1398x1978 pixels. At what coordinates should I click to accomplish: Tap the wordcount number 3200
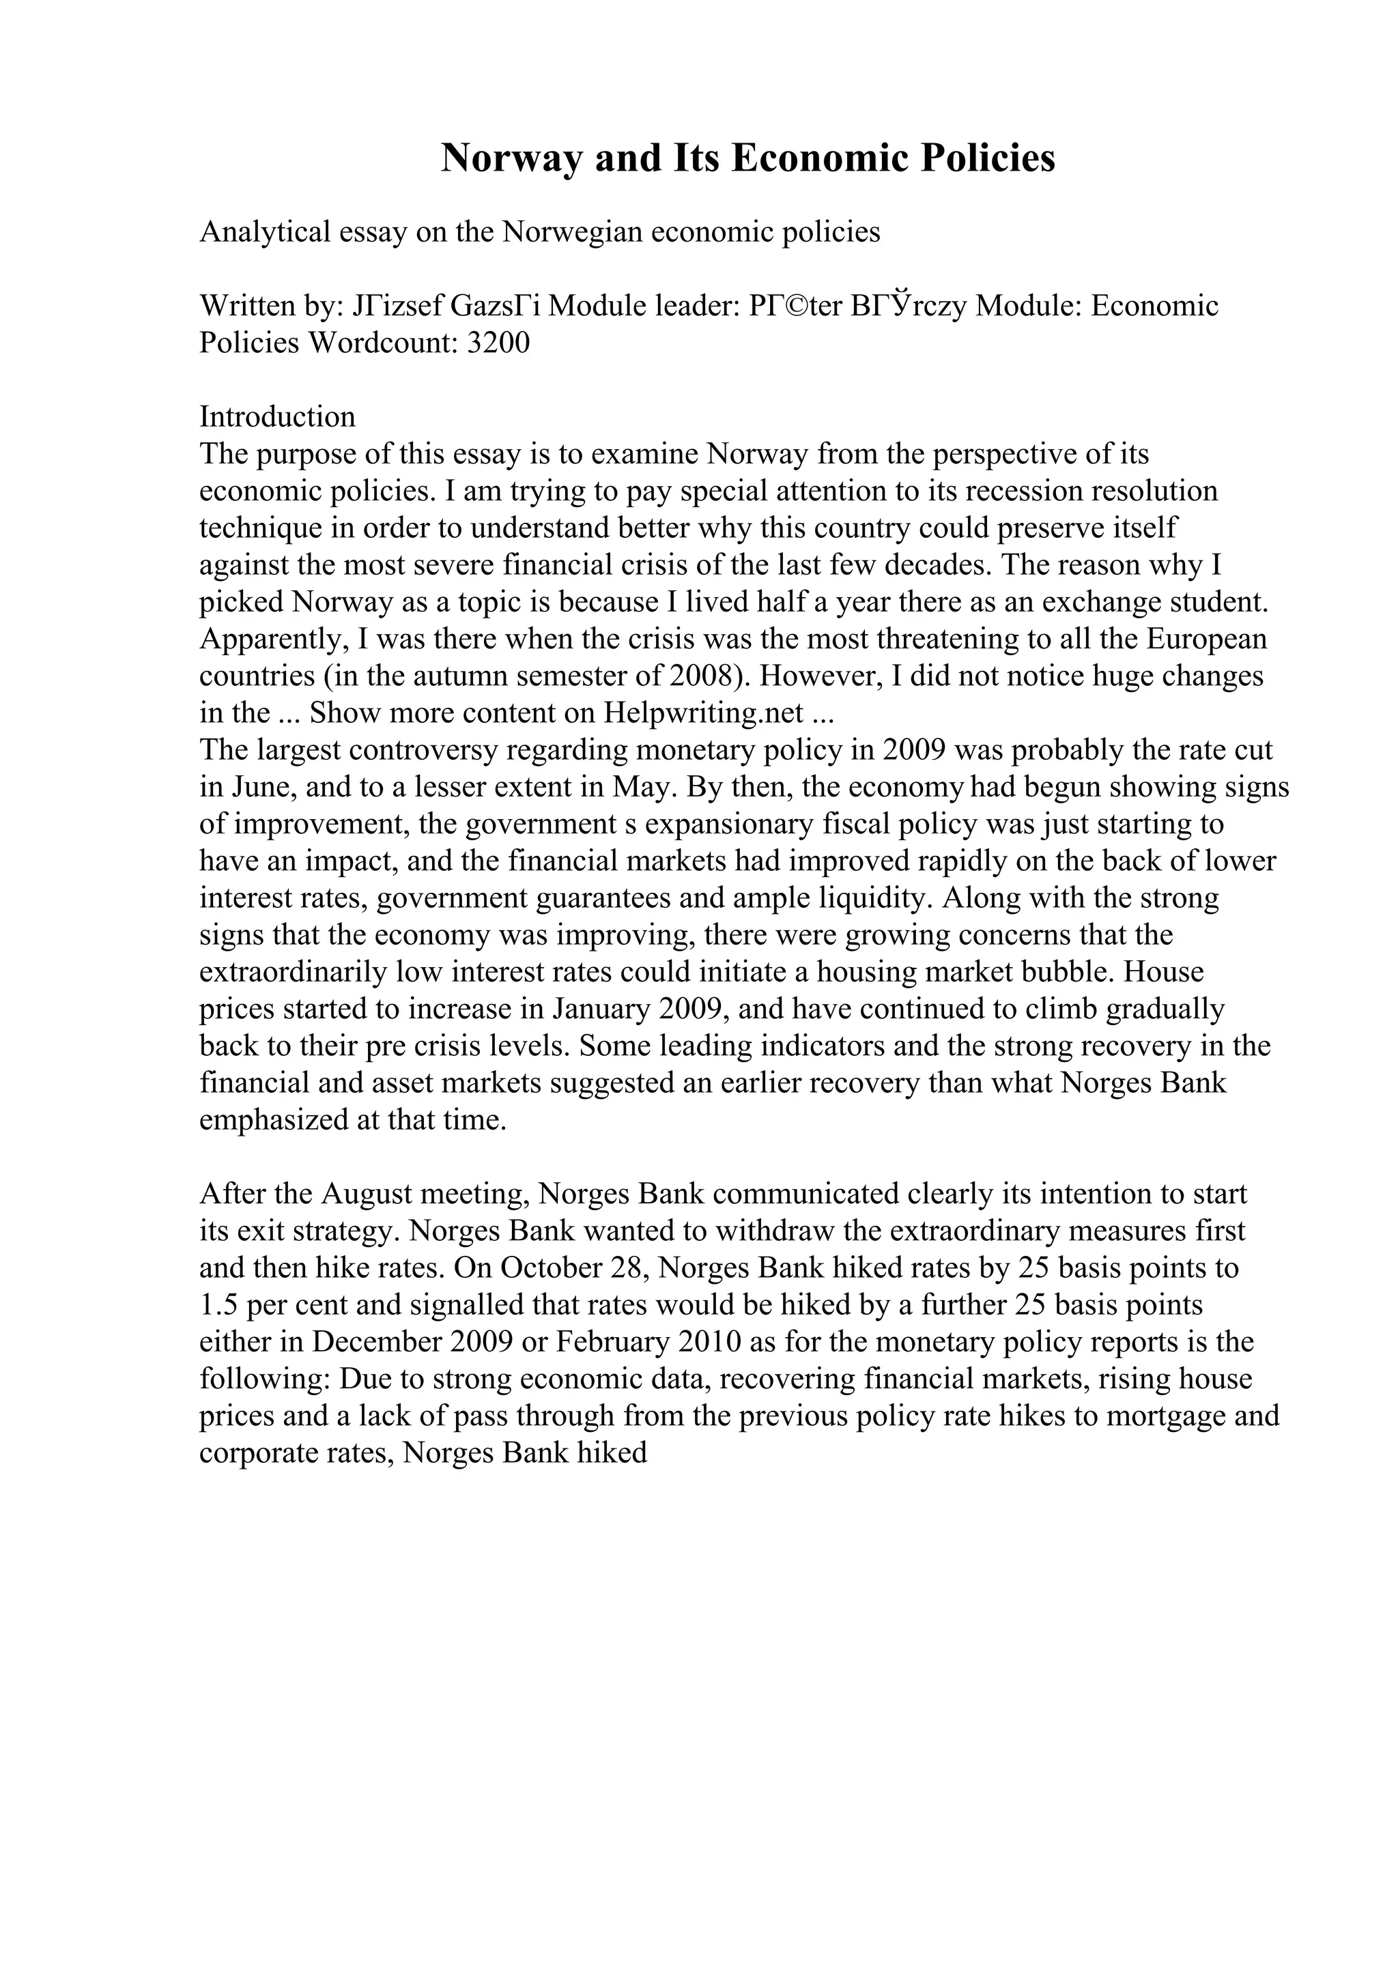pyautogui.click(x=497, y=343)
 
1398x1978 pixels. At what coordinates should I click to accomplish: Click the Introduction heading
pyautogui.click(x=277, y=417)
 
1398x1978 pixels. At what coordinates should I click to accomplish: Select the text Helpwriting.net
pyautogui.click(x=704, y=713)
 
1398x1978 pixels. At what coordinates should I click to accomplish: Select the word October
pyautogui.click(x=552, y=1268)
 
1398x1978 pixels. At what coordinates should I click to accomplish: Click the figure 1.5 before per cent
pyautogui.click(x=219, y=1305)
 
